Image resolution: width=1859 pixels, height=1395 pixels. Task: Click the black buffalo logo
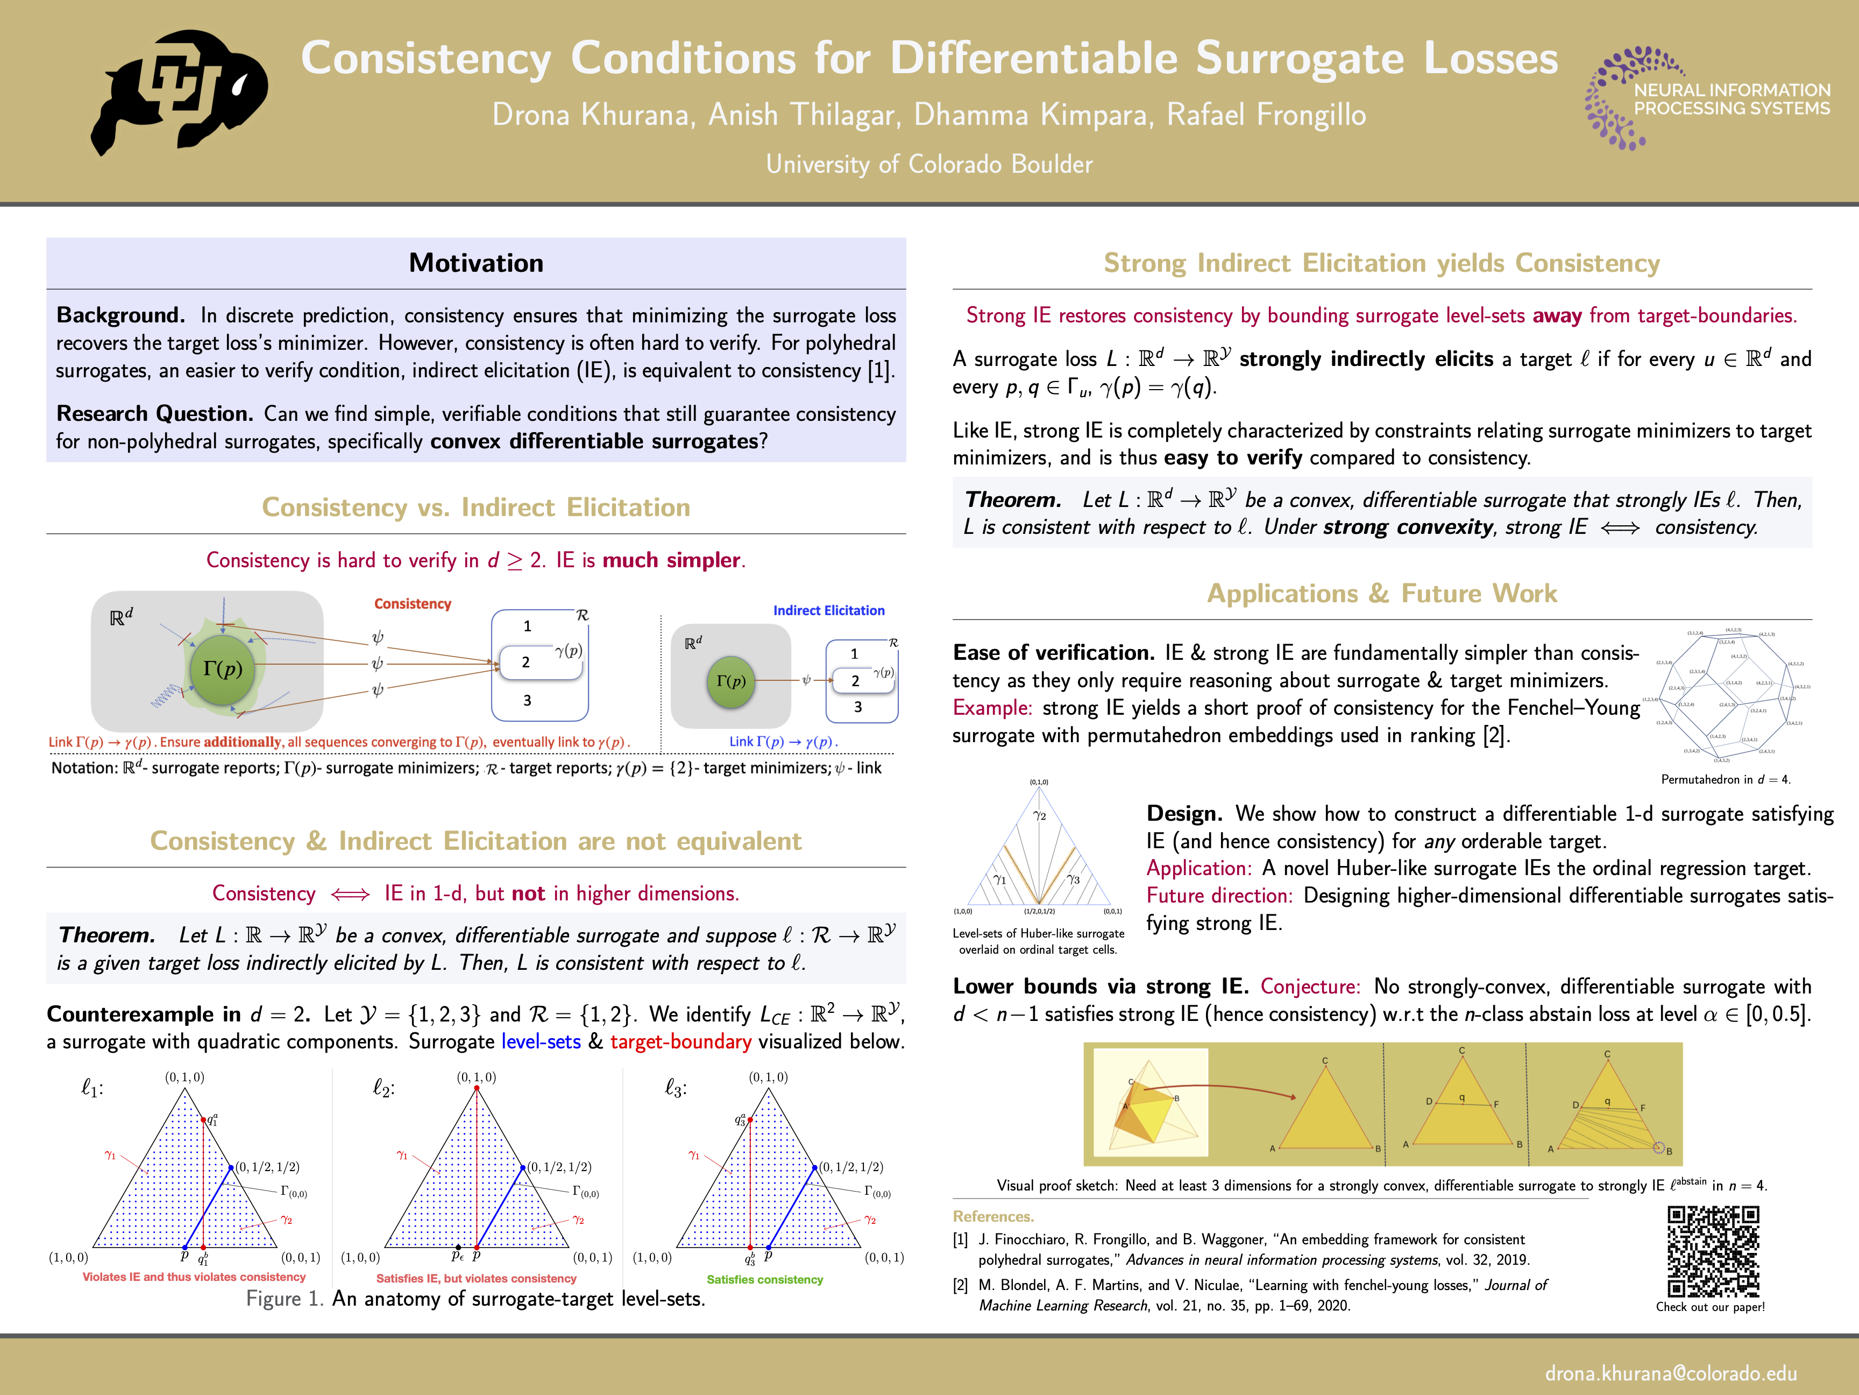pos(179,93)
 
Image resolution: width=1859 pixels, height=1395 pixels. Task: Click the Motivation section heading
pos(476,263)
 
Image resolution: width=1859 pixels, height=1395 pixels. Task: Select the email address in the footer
pos(1671,1372)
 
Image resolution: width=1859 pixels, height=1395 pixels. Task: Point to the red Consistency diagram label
pos(413,604)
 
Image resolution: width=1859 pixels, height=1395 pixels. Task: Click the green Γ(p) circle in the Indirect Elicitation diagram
pos(730,681)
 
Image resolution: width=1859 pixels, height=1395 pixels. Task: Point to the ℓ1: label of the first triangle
pos(91,1088)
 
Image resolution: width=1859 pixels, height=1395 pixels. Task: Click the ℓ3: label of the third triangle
pos(676,1088)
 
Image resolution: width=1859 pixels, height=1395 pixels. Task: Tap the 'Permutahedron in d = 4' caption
pos(1726,779)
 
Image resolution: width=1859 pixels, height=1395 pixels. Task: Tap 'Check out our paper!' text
pos(1710,1307)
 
